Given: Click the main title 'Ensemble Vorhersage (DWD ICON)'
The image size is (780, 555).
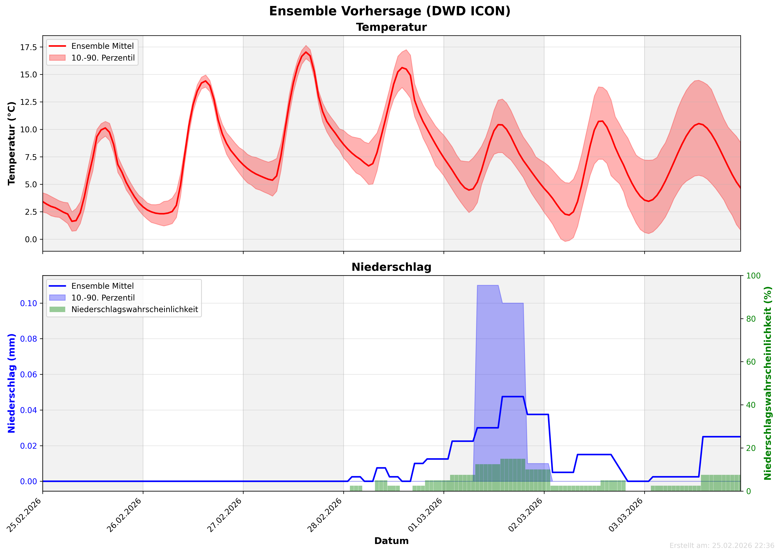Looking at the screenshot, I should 390,11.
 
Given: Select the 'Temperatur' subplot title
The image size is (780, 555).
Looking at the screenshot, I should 391,27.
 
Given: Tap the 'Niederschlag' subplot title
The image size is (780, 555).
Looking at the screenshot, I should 391,267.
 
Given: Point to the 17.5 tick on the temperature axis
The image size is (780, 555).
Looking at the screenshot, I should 29,47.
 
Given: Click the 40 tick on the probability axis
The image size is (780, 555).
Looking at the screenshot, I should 751,405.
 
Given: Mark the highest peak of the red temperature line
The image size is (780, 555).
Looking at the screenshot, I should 306,52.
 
